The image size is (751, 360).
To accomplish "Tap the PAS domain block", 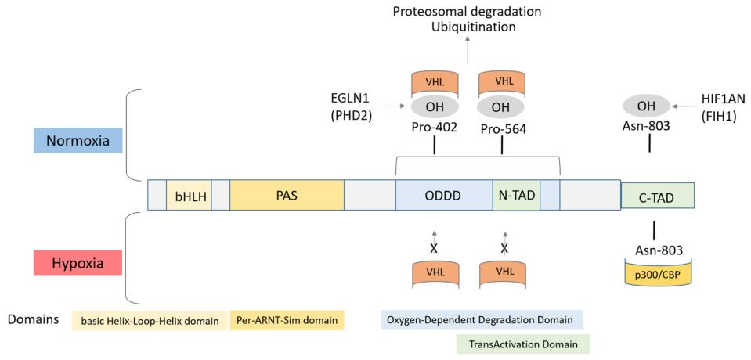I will [287, 196].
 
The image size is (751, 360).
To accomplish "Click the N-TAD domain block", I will [516, 196].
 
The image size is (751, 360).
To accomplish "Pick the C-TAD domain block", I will [657, 196].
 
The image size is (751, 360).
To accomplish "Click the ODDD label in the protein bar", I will [443, 196].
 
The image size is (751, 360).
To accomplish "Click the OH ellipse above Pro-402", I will [434, 106].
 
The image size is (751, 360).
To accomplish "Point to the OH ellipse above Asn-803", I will [646, 106].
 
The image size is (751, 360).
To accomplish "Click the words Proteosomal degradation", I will [467, 12].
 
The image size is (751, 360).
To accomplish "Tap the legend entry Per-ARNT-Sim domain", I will [287, 320].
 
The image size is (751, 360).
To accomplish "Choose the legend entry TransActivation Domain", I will [523, 344].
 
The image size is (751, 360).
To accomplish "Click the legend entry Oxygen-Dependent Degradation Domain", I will [482, 320].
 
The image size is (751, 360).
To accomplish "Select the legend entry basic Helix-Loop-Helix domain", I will [150, 320].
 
